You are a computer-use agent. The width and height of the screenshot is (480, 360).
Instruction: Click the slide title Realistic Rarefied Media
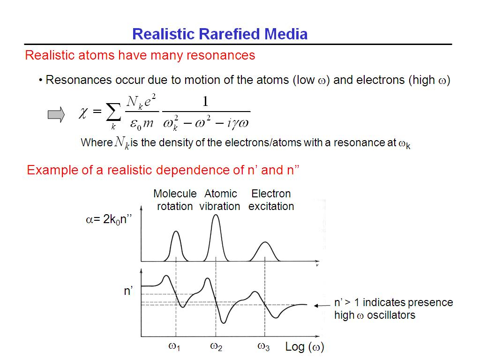pos(220,34)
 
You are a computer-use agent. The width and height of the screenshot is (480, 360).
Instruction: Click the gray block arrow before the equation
pos(56,115)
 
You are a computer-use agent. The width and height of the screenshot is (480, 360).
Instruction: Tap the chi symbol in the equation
pos(83,113)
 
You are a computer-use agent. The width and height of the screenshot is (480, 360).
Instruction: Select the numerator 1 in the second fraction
pos(205,101)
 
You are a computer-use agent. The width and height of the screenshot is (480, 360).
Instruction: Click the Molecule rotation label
pos(175,200)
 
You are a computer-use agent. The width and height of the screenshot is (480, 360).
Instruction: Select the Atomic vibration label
pos(220,200)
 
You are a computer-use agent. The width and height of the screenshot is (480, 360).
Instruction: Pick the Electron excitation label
pos(271,200)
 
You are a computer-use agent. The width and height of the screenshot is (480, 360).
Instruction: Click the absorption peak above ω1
pos(176,232)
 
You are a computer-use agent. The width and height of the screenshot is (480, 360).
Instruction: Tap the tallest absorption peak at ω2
pos(216,215)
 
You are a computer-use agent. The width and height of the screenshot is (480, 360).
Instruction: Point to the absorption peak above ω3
pos(265,243)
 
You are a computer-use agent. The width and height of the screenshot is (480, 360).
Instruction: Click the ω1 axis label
pos(174,347)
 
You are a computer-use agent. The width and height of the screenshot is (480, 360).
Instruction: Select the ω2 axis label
pos(216,347)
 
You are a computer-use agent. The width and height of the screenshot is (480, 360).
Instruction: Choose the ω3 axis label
pos(263,347)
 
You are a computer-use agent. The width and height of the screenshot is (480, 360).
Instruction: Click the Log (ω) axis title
pos(305,347)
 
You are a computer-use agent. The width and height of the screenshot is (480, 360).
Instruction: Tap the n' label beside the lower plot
pos(128,291)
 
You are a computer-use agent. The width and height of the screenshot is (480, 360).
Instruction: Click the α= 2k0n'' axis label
pos(109,219)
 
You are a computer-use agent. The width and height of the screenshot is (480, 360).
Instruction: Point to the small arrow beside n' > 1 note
pos(322,306)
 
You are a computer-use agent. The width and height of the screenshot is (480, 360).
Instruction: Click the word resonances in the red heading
pos(221,55)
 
